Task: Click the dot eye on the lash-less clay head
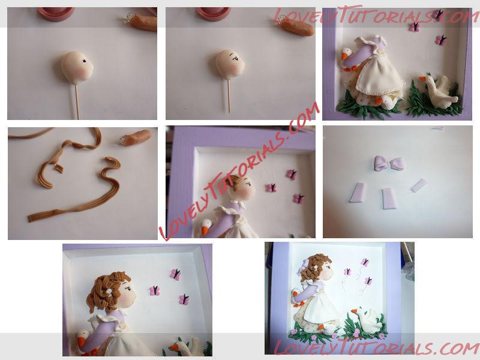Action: (x=83, y=61)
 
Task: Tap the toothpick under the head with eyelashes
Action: (x=229, y=96)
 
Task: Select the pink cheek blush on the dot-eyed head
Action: (x=82, y=71)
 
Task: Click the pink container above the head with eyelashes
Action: (x=213, y=13)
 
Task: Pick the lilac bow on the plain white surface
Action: (x=389, y=163)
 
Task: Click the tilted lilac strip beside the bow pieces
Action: (x=419, y=185)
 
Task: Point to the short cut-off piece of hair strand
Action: (x=59, y=168)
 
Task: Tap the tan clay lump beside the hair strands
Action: (x=137, y=138)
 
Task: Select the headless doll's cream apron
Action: (x=383, y=77)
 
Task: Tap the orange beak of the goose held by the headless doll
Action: (x=345, y=56)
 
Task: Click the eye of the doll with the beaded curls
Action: (x=128, y=288)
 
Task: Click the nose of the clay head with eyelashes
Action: (x=243, y=65)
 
